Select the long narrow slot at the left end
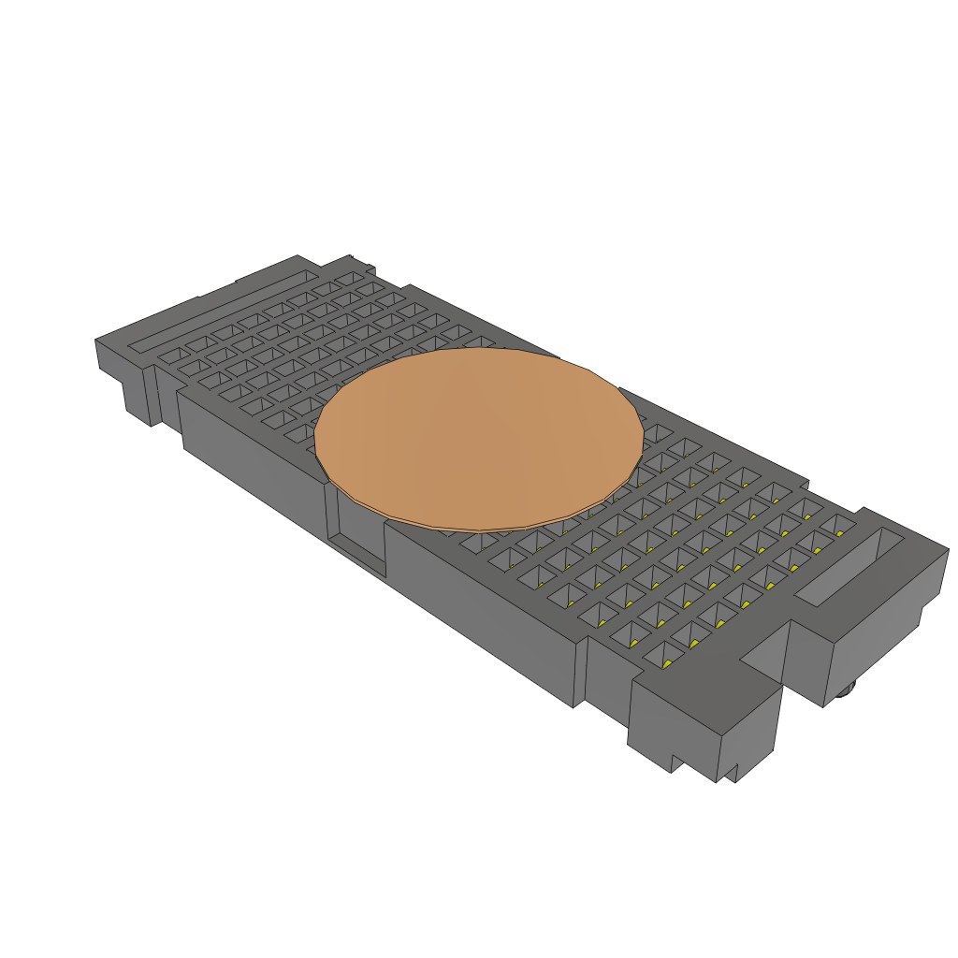click(x=221, y=312)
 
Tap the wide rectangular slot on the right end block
click(x=849, y=566)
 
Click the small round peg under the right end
click(x=848, y=691)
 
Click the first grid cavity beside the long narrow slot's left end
click(x=170, y=356)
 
